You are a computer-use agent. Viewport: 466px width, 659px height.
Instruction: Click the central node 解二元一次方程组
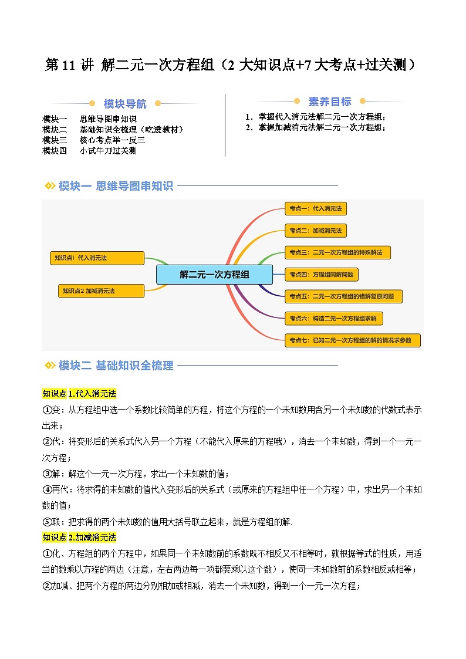(x=214, y=274)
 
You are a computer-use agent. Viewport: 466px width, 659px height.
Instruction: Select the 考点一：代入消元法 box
(x=315, y=208)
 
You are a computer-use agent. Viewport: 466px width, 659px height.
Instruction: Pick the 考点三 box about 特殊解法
(x=337, y=252)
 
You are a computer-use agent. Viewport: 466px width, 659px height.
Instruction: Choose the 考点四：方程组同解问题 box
(x=321, y=274)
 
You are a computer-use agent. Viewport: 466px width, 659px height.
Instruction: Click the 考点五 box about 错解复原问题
(x=343, y=296)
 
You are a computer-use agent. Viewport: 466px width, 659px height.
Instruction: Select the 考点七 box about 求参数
(x=352, y=340)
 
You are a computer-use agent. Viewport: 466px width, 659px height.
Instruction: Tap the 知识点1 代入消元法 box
(x=97, y=258)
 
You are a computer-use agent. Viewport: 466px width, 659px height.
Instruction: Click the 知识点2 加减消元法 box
(x=101, y=290)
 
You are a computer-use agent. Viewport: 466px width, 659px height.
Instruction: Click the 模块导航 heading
(x=125, y=104)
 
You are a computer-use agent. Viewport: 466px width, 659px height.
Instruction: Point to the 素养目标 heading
(x=330, y=102)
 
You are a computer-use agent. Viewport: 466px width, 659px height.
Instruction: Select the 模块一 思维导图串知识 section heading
(x=116, y=186)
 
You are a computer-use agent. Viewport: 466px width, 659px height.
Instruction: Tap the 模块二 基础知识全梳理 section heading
(x=116, y=366)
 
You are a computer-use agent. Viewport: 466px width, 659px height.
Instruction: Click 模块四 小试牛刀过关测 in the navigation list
(x=90, y=151)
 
